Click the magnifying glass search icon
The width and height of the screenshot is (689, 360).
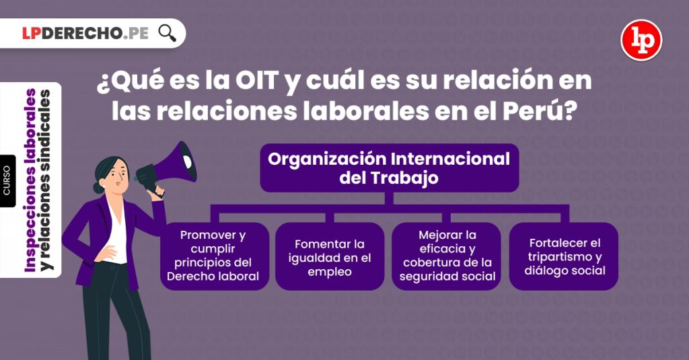click(x=167, y=33)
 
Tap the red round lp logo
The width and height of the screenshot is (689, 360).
click(x=641, y=40)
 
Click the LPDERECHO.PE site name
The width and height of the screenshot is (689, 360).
click(x=85, y=34)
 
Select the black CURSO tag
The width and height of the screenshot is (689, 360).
click(x=7, y=180)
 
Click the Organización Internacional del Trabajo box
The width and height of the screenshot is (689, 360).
click(x=390, y=168)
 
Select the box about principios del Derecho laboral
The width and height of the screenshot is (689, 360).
click(x=213, y=256)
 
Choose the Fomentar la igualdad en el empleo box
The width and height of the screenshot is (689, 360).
click(x=330, y=256)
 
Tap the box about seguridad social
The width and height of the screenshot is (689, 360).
click(x=447, y=256)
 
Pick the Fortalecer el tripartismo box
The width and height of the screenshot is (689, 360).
click(x=565, y=256)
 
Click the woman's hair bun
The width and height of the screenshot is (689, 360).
click(x=98, y=188)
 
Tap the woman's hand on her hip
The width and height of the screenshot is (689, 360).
click(x=106, y=252)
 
